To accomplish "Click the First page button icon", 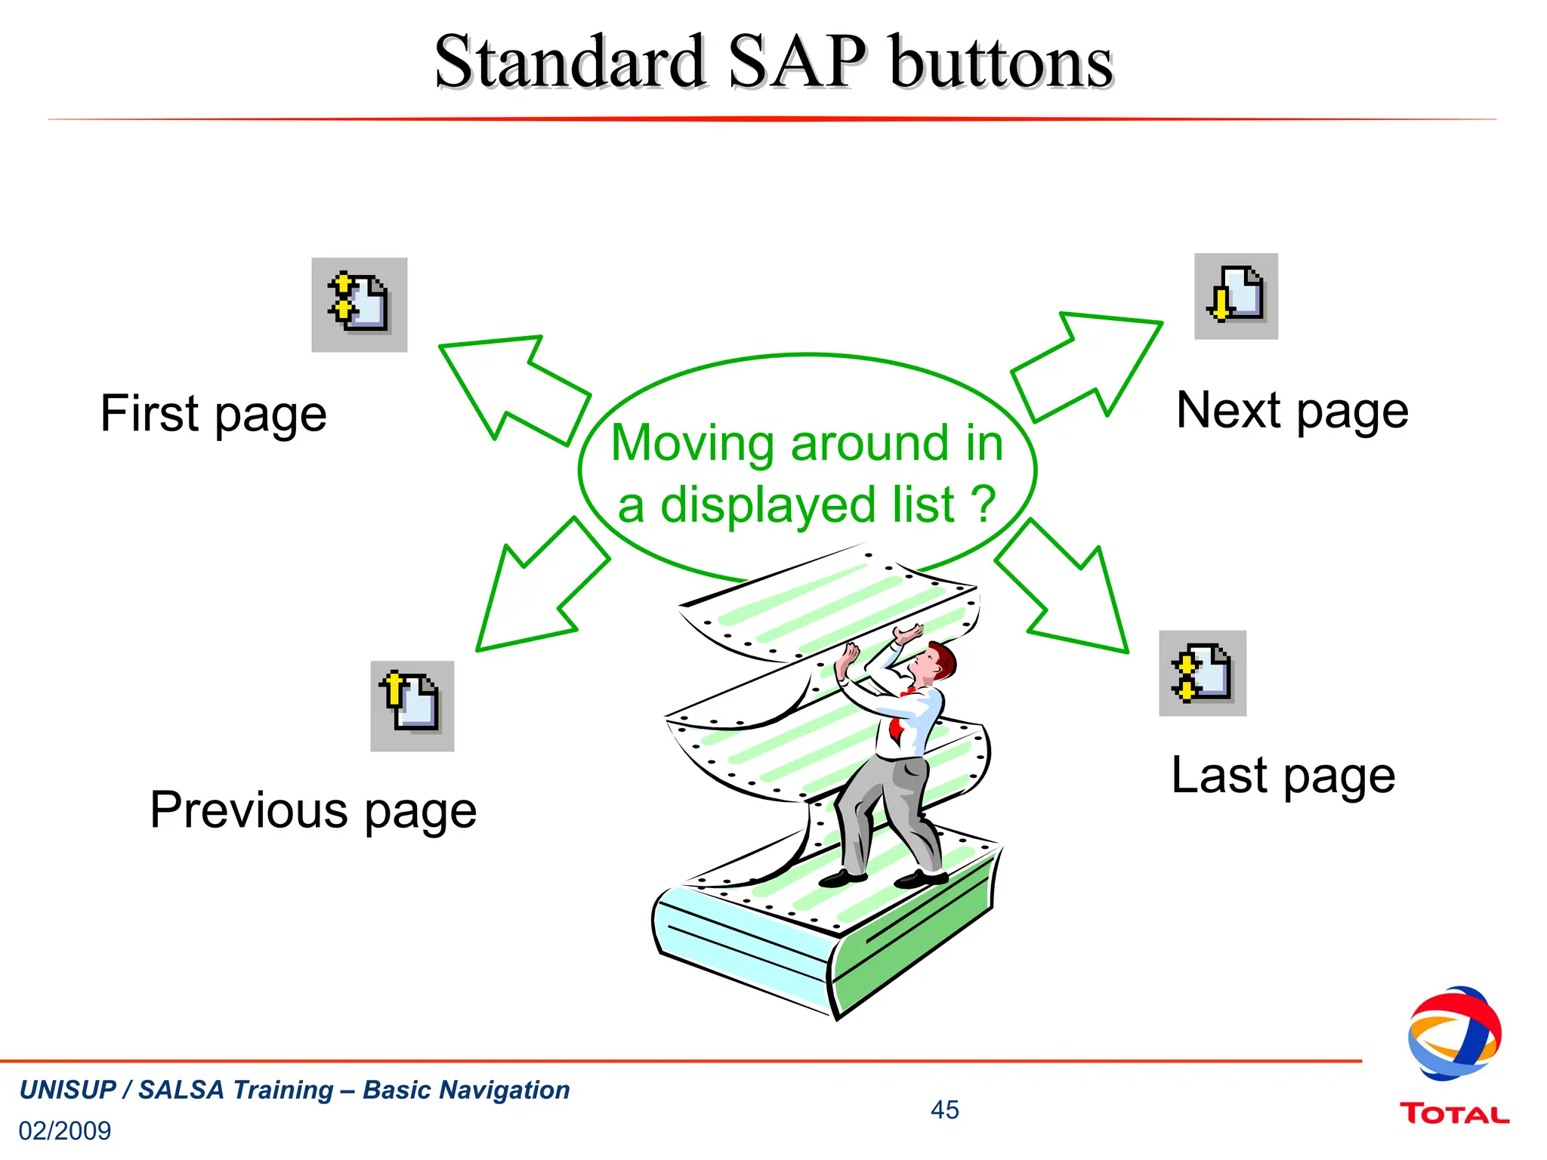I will [359, 304].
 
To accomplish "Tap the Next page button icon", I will [1236, 296].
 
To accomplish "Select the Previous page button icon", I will [412, 705].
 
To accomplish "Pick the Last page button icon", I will [1202, 673].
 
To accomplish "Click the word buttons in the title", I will [1001, 62].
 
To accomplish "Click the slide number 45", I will [944, 1109].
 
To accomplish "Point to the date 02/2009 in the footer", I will [65, 1131].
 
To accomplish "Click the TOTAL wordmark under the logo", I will [1454, 1114].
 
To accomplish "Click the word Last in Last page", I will [1218, 776].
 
